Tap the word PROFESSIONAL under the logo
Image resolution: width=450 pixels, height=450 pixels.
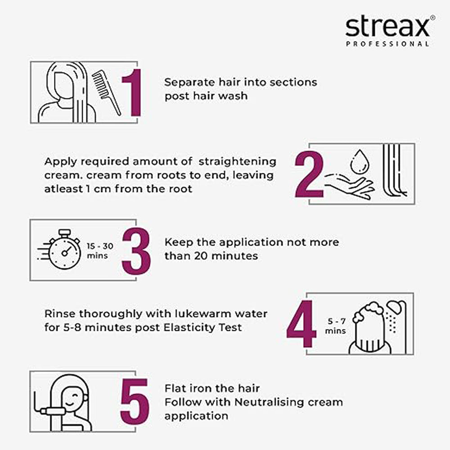[x=387, y=44]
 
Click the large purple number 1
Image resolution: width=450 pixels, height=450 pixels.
[x=131, y=92]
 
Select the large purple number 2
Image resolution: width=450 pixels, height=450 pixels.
[x=309, y=175]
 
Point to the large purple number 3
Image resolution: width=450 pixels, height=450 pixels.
[x=136, y=251]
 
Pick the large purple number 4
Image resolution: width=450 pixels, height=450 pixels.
[x=301, y=324]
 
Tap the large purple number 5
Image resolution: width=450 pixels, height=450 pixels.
[x=135, y=401]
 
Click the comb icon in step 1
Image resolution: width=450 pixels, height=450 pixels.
[x=107, y=92]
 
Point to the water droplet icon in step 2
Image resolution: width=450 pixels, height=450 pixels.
[x=359, y=162]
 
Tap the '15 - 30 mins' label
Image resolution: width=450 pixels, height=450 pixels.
[x=100, y=251]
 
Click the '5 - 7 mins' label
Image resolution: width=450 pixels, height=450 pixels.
[x=336, y=326]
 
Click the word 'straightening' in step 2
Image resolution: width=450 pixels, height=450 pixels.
[x=237, y=162]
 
